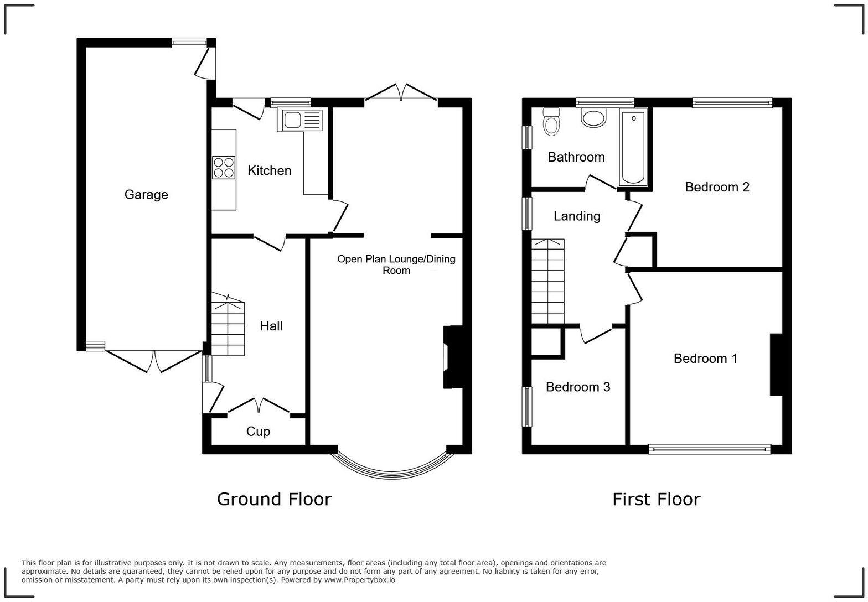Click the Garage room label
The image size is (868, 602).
click(146, 195)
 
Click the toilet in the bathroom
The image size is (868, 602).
click(551, 122)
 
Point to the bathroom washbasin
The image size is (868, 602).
click(593, 118)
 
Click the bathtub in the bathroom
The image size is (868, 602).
click(633, 147)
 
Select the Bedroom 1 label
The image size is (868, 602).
click(705, 359)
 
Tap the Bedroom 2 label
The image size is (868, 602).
click(717, 187)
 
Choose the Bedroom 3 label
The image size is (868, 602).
click(578, 387)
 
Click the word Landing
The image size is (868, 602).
click(577, 216)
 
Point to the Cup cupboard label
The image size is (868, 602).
click(258, 432)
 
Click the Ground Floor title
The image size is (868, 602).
click(274, 499)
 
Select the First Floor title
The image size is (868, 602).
click(656, 499)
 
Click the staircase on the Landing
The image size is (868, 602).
click(547, 281)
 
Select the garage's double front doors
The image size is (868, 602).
click(153, 360)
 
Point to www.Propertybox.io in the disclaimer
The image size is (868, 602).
click(359, 580)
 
